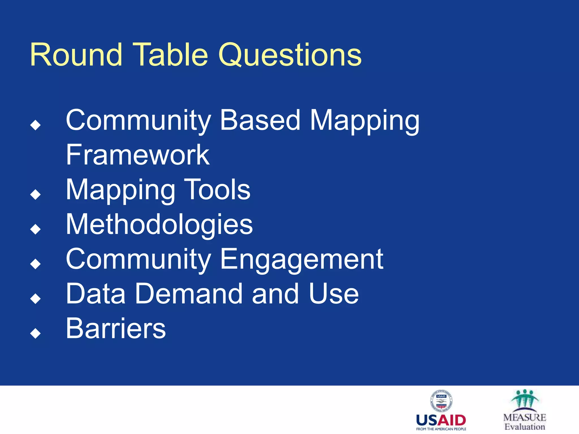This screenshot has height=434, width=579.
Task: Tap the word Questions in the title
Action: point(290,55)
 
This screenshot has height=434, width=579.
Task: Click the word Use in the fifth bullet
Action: point(334,294)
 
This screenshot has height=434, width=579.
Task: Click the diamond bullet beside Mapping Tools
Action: point(36,194)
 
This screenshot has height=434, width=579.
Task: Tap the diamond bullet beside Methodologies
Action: point(36,229)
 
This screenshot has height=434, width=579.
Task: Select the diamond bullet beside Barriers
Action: point(36,333)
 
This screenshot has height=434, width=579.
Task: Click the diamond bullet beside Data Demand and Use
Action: point(36,299)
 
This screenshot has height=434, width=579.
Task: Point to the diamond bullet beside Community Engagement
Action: point(36,264)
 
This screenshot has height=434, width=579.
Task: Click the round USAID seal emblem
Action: point(441,401)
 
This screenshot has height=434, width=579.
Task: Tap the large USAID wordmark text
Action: point(441,420)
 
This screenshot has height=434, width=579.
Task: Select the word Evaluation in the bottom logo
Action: point(525,427)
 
